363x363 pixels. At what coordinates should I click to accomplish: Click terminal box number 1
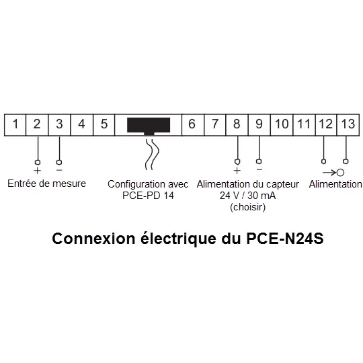coord(15,124)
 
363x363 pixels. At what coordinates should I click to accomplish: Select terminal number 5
coord(104,124)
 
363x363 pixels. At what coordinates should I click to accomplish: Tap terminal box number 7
coord(215,124)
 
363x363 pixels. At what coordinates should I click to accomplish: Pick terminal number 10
coord(282,124)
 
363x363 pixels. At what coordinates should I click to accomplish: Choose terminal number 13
coord(348,124)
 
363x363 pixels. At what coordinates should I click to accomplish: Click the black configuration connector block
coord(149,126)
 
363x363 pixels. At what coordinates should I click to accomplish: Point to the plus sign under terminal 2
coord(37,171)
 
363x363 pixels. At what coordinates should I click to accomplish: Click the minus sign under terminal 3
coord(59,170)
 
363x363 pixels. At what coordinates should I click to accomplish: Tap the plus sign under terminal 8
coord(237,171)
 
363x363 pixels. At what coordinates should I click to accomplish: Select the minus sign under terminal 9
coord(259,169)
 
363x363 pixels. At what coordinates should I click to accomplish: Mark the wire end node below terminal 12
coord(323,161)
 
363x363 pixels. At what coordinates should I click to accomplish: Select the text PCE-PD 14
coord(148,196)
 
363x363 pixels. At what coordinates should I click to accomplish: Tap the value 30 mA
coord(261,196)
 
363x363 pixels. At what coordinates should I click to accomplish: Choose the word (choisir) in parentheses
coord(247,207)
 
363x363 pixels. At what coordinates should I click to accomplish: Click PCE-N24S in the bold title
coord(285,239)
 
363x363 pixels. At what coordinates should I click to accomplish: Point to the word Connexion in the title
coord(93,239)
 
